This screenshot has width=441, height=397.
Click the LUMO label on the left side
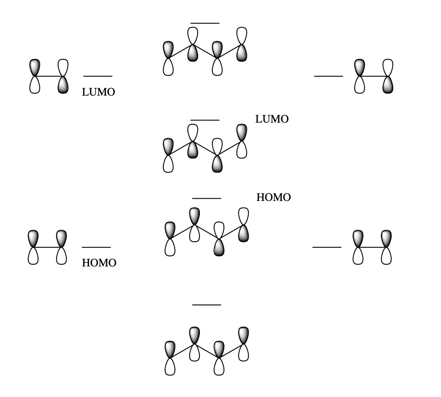[x=98, y=92]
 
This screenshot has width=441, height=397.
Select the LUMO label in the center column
[x=272, y=119]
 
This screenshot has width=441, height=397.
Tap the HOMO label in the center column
[x=273, y=197]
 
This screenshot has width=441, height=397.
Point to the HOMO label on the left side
[x=99, y=263]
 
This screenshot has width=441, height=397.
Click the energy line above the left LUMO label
[x=98, y=76]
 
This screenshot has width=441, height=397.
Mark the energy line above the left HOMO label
[x=96, y=247]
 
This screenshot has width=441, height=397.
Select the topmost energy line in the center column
[x=205, y=23]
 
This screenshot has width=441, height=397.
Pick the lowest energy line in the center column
[x=207, y=305]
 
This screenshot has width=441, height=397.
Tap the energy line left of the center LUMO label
[x=205, y=120]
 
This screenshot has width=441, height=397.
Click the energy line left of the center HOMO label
[x=207, y=198]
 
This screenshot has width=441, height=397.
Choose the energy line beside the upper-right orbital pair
[x=328, y=76]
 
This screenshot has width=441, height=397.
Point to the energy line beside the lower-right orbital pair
[x=327, y=247]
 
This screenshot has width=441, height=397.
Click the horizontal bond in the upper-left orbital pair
[x=49, y=76]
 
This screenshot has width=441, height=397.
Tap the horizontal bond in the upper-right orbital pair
[x=374, y=76]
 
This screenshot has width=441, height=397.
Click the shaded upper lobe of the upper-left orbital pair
[x=35, y=67]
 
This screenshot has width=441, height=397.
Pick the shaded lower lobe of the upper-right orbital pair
[x=388, y=85]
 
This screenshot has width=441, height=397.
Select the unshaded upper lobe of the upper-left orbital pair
[x=63, y=67]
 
